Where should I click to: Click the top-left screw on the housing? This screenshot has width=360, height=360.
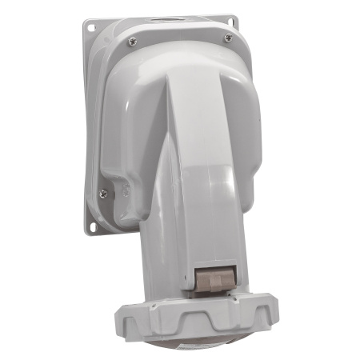(x=132, y=41)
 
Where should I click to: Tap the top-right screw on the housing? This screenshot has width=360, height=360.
(x=229, y=38)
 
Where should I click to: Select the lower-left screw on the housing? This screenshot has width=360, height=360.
(x=103, y=192)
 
